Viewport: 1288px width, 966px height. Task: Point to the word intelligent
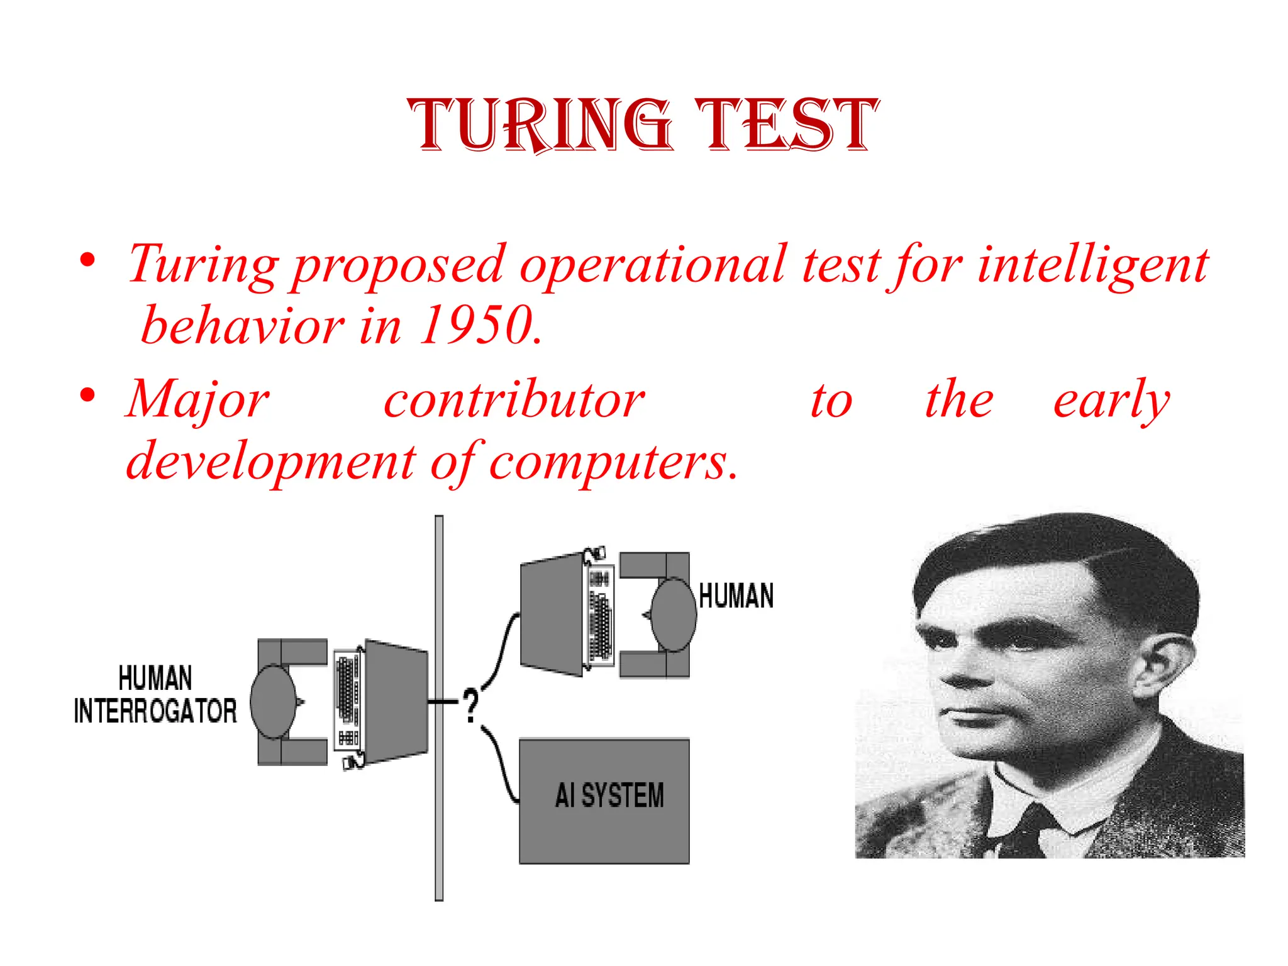pos(1092,265)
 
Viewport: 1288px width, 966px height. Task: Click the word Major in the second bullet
pos(198,400)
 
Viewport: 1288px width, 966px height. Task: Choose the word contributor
pos(514,400)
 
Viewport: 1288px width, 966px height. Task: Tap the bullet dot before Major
pos(87,396)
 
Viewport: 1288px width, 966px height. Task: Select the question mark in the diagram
pos(470,705)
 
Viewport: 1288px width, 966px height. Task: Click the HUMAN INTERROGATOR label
pos(155,695)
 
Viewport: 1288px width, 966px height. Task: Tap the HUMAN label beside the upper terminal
pos(736,596)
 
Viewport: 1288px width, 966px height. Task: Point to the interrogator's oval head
pos(273,701)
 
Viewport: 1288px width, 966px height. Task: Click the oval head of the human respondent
pos(673,614)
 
